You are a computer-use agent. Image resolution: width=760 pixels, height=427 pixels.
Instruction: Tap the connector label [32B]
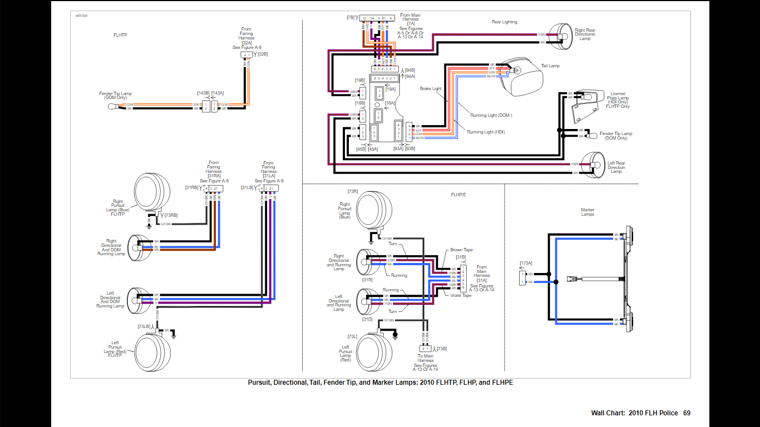tap(263, 54)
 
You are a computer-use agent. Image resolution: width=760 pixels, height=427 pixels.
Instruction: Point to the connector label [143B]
tap(203, 93)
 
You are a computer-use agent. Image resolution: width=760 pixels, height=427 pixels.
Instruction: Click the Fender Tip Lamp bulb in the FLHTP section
tap(111, 106)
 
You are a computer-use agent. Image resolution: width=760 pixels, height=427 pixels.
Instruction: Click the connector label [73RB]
tap(170, 215)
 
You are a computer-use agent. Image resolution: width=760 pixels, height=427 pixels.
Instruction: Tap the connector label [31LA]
tap(269, 176)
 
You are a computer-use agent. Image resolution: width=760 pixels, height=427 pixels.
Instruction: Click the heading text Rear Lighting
tap(504, 22)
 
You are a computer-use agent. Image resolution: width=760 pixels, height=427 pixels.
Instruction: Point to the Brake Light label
tap(431, 88)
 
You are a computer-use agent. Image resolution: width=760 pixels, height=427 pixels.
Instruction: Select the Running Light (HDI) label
tap(486, 132)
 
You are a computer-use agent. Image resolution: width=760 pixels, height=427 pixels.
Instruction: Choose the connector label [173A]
tap(526, 263)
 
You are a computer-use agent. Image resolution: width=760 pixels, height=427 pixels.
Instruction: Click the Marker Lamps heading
tap(588, 212)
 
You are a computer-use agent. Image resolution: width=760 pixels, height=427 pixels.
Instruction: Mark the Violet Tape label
tap(461, 295)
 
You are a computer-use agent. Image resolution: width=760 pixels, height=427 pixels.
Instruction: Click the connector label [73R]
tap(353, 191)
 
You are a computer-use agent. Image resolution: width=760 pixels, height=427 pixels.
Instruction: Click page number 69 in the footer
tap(687, 413)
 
